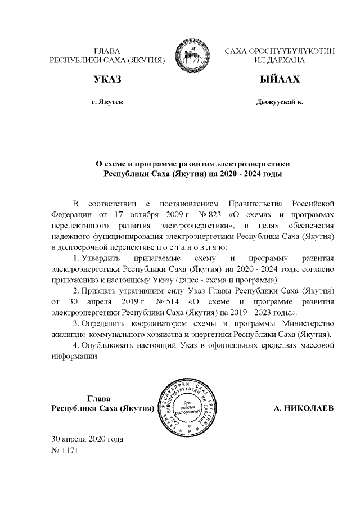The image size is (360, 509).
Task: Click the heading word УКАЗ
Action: pyautogui.click(x=107, y=80)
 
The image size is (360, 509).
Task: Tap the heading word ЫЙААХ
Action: pyautogui.click(x=280, y=80)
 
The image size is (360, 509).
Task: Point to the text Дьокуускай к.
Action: pyautogui.click(x=280, y=102)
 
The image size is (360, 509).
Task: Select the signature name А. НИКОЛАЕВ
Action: pyautogui.click(x=303, y=408)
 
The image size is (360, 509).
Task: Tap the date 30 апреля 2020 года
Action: pyautogui.click(x=87, y=438)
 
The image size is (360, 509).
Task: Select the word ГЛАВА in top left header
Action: pyautogui.click(x=107, y=50)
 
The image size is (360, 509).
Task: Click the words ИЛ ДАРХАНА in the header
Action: pyautogui.click(x=280, y=59)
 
